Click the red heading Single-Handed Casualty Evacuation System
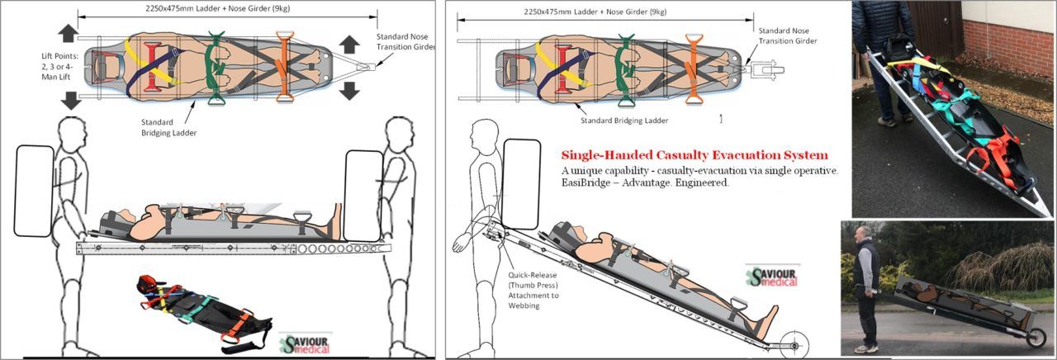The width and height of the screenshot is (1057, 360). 694,155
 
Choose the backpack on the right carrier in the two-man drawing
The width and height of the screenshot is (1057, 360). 364,195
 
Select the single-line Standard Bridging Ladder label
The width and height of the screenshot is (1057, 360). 623,121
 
